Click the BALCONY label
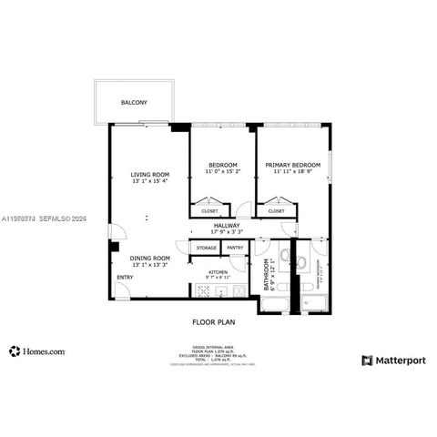[x=134, y=103]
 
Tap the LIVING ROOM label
[x=149, y=174]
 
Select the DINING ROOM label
[x=149, y=258]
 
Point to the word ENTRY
[x=124, y=277]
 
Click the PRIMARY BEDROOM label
[x=291, y=165]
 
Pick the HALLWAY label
[x=227, y=225]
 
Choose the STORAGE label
[x=207, y=248]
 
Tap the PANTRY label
[x=235, y=248]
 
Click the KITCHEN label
[x=218, y=271]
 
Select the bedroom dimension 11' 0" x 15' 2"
[x=222, y=171]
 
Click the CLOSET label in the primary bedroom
[x=274, y=211]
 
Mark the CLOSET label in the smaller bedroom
[x=208, y=211]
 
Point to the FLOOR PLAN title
[x=213, y=321]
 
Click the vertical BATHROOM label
[x=268, y=273]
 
